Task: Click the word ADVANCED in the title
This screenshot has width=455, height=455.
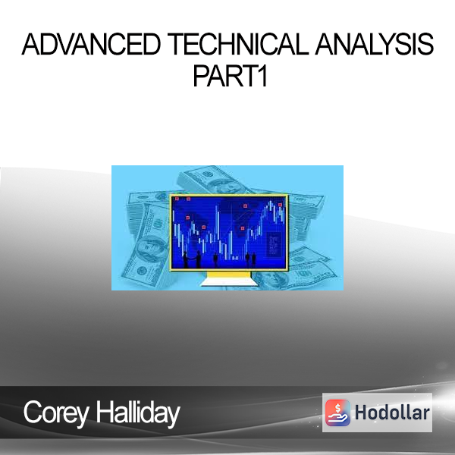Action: (91, 45)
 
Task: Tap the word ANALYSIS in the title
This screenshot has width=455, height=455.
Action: (374, 45)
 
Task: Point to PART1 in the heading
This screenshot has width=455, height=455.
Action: (230, 77)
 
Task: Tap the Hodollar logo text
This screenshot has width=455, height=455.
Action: (392, 413)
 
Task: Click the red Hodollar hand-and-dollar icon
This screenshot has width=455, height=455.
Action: (337, 413)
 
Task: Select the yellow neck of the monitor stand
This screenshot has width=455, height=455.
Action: (229, 275)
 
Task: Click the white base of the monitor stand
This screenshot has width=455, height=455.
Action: (229, 282)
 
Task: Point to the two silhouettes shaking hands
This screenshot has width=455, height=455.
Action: (192, 259)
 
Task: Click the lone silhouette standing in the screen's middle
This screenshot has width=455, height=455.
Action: (215, 260)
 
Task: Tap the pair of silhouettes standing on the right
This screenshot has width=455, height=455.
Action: (251, 259)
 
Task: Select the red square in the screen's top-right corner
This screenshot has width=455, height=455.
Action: (280, 205)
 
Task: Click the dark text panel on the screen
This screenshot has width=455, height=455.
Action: (274, 244)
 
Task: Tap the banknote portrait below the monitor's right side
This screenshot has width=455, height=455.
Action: (270, 279)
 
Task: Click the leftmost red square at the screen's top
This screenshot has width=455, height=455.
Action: (177, 199)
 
